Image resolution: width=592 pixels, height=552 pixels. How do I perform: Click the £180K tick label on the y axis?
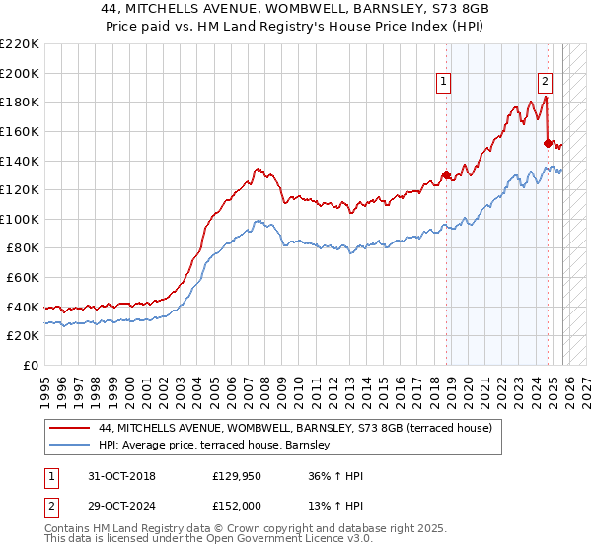20,102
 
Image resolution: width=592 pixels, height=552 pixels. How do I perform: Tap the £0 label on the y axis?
31,366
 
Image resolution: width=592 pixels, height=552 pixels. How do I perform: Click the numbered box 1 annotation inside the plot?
444,83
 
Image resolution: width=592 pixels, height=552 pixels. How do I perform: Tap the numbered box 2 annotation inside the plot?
545,83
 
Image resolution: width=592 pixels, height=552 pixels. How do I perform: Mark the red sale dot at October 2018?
446,175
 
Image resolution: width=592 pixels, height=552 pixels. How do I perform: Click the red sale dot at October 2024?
548,143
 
